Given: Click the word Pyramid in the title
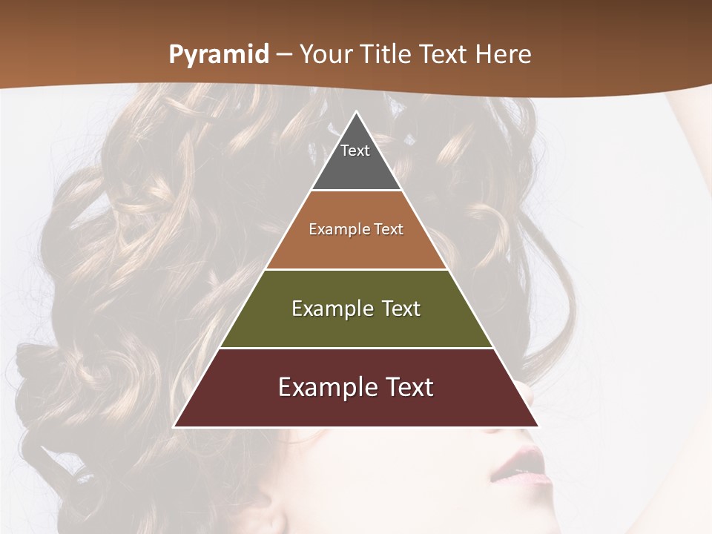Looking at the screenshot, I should pyautogui.click(x=219, y=55).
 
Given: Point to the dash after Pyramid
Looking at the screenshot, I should pyautogui.click(x=285, y=56).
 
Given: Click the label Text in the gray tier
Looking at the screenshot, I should pyautogui.click(x=355, y=151).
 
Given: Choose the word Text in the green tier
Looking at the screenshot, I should pyautogui.click(x=401, y=309).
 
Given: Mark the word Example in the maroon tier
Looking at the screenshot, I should pyautogui.click(x=323, y=387).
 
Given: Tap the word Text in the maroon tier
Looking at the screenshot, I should pyautogui.click(x=406, y=387).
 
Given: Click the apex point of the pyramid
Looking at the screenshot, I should pyautogui.click(x=357, y=112).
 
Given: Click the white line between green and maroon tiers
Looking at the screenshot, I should pyautogui.click(x=356, y=348).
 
